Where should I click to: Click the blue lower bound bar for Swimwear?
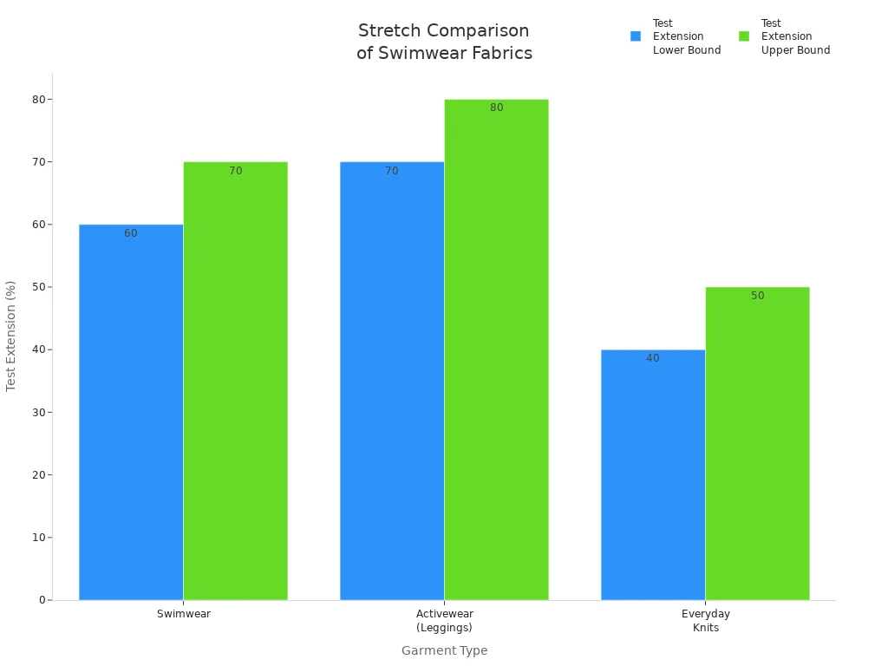131,412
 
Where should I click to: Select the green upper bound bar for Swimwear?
235,381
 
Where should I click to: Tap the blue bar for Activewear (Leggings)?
392,381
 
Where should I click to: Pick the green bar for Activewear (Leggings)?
496,349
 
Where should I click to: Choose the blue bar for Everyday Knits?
653,474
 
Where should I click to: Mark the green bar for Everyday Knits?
757,443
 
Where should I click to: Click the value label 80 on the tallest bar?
496,108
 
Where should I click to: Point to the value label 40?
653,358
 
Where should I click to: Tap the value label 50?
757,296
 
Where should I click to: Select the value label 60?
131,233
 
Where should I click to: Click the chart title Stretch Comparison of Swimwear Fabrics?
444,42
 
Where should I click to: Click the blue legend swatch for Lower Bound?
636,36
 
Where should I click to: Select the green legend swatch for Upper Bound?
744,36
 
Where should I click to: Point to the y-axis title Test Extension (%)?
11,336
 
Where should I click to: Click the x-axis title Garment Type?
444,650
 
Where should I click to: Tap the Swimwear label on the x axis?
184,614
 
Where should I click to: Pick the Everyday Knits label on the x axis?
706,620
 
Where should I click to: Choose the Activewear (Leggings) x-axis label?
444,620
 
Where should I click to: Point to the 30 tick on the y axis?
38,412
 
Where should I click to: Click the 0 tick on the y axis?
42,600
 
